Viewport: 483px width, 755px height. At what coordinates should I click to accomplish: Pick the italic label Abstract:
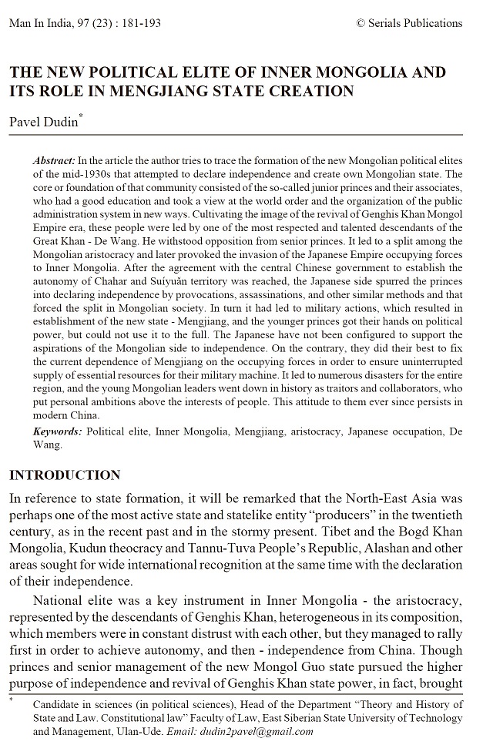click(54, 159)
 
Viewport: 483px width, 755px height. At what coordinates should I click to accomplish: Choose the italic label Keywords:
click(58, 431)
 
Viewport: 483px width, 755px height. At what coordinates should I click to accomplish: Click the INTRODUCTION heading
click(65, 475)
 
